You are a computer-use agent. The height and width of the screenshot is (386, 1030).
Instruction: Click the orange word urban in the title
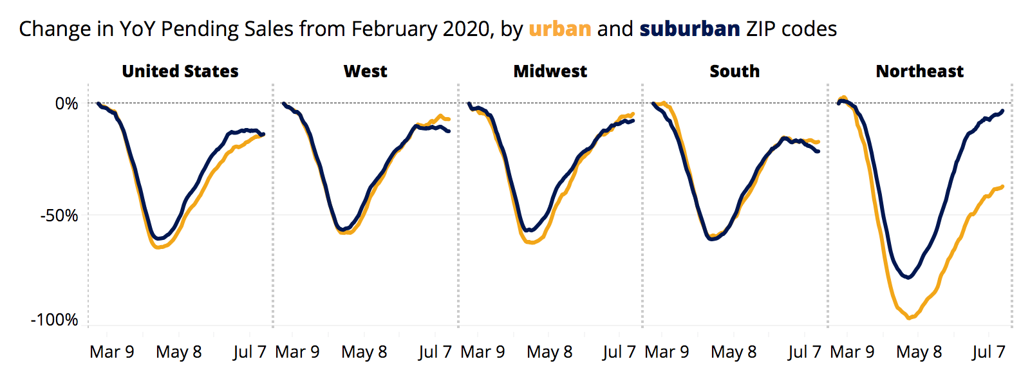click(x=559, y=29)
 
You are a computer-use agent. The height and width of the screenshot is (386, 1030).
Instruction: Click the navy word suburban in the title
click(x=689, y=29)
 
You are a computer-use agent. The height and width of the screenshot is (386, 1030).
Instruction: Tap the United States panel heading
click(x=180, y=71)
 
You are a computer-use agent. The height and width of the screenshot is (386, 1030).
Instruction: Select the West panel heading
click(x=365, y=71)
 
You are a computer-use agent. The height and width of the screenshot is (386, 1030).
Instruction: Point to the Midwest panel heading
click(x=550, y=71)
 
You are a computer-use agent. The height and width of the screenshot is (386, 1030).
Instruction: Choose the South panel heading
click(x=735, y=71)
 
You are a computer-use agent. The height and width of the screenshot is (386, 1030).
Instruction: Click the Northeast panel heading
click(x=919, y=71)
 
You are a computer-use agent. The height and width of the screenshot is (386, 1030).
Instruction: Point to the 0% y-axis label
click(x=66, y=104)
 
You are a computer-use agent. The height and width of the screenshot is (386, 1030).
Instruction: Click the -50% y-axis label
click(x=59, y=216)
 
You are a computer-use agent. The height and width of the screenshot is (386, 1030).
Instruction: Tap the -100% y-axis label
click(x=55, y=320)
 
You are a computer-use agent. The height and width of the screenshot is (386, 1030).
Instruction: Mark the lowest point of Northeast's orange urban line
click(x=909, y=318)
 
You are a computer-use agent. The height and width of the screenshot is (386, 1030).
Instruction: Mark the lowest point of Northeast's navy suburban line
click(x=908, y=277)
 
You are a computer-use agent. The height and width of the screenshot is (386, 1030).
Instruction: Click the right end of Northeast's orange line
click(x=1002, y=187)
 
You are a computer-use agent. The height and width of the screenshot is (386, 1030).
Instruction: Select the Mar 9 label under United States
click(x=112, y=352)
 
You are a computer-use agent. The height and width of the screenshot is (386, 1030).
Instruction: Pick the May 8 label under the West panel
click(x=364, y=352)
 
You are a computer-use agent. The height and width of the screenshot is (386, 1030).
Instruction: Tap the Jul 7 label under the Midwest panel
click(x=619, y=352)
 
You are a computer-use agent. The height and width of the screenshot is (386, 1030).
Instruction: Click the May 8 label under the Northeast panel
click(x=919, y=352)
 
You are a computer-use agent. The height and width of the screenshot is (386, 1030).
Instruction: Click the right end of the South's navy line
click(x=818, y=151)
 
